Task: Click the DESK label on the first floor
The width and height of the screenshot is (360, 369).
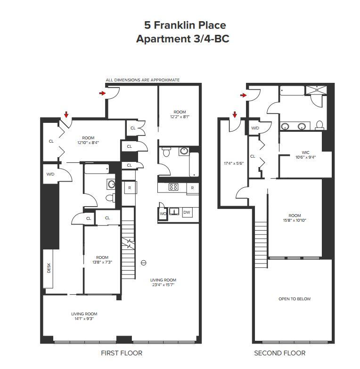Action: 49,268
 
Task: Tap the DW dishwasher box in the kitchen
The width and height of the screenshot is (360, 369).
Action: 187,213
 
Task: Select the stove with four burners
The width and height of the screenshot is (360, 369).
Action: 173,187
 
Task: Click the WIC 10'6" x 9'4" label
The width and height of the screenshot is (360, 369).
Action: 305,155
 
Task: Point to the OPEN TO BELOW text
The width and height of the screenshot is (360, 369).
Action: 295,299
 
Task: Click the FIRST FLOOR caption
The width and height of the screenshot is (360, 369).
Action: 122,353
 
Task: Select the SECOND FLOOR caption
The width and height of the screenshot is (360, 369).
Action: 280,353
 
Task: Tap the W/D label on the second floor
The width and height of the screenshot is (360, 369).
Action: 255,128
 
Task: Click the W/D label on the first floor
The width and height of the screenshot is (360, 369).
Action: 50,174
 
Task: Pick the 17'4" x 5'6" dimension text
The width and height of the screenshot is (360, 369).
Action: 234,163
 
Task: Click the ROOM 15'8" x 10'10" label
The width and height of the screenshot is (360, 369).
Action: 295,218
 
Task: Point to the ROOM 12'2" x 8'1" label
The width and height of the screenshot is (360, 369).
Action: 180,114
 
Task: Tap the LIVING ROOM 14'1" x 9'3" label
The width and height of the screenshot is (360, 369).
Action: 84,316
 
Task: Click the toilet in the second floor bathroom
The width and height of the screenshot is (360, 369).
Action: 319,125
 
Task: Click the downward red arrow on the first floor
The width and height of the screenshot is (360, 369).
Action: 66,115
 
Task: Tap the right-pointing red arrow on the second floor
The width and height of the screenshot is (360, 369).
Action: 243,95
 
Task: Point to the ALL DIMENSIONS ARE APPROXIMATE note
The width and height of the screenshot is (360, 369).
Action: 142,80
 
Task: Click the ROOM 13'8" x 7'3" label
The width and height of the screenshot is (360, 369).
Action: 102,260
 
